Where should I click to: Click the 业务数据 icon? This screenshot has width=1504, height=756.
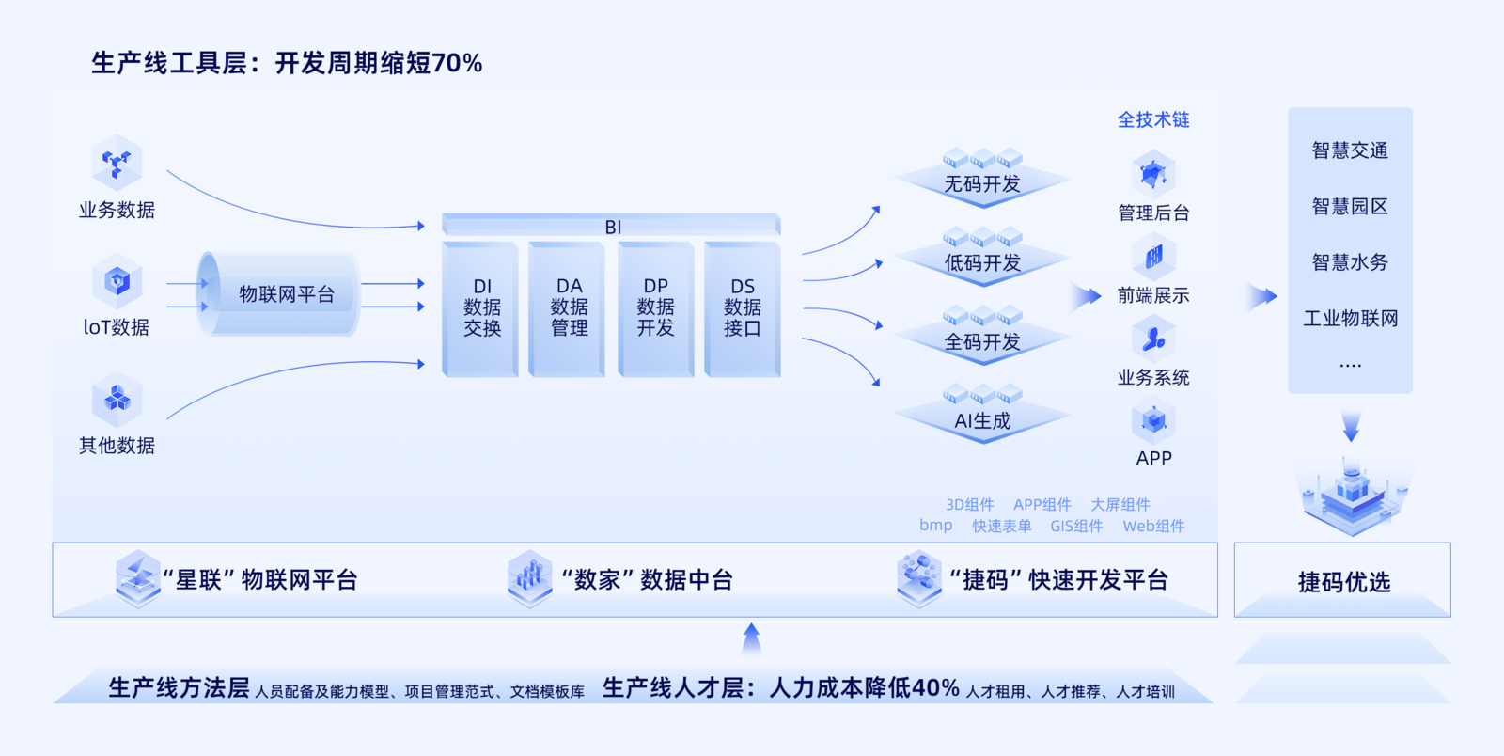pos(117,164)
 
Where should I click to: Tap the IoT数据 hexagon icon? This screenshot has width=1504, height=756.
pos(117,281)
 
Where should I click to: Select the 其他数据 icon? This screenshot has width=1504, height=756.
pos(117,399)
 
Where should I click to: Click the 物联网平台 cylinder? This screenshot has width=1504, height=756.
pos(278,294)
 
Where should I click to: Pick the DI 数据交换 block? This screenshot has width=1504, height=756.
pos(481,307)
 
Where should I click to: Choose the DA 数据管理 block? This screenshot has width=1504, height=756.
pos(569,307)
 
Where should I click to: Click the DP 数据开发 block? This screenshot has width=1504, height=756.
pos(655,307)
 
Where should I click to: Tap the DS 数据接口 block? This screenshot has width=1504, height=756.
pos(742,307)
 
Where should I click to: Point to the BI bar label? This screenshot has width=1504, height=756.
pos(613,227)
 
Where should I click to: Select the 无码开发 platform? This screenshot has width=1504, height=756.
pos(982,181)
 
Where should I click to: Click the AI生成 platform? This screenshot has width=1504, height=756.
pos(982,419)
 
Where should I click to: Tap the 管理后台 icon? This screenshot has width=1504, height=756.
pos(1153,174)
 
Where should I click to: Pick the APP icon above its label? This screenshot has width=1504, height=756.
pos(1153,421)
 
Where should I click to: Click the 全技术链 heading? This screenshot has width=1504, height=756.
pos(1153,119)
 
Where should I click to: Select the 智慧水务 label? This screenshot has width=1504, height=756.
pos(1350,262)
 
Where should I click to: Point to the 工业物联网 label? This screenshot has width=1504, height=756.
pos(1350,319)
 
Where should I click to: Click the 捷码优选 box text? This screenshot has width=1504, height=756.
pos(1343,582)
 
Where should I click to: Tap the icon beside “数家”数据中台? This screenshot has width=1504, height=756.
pos(529,576)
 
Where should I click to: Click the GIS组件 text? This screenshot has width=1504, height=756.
pos(1076,527)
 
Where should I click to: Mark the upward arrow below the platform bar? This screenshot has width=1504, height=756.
pos(751,638)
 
